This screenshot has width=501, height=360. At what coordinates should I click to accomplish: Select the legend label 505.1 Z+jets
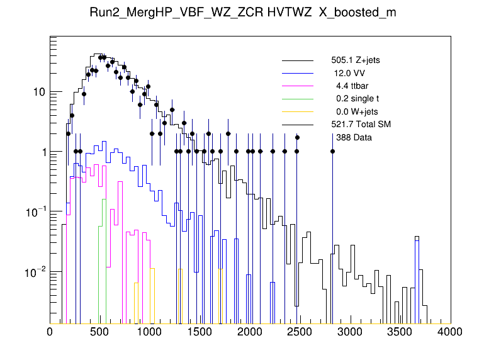pos(356,60)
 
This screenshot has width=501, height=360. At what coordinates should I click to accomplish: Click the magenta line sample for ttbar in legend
pos(298,86)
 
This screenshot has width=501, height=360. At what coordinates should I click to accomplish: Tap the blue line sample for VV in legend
pos(298,73)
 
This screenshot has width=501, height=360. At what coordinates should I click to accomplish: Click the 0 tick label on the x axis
pos(50,332)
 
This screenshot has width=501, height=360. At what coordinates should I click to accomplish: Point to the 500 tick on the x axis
pos(100,332)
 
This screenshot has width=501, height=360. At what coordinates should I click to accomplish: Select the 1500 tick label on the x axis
pos(200,332)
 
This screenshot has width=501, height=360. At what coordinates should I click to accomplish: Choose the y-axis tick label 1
pos(42,152)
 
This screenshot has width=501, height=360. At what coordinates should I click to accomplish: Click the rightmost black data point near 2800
pos(332,151)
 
